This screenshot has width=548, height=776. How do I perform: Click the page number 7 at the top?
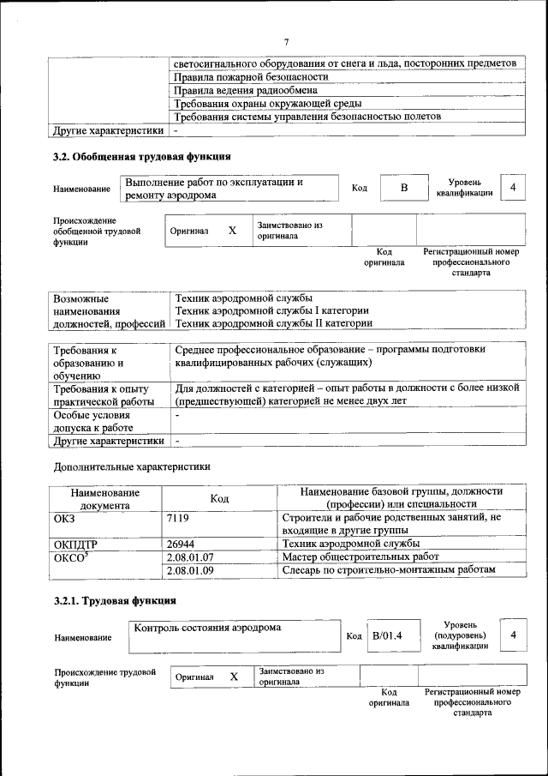(287, 42)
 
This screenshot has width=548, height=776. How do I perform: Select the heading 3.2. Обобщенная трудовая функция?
(141, 157)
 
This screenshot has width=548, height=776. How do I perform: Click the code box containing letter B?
(402, 188)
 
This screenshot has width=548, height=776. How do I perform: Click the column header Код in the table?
(220, 498)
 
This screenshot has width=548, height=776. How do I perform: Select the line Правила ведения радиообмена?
(246, 90)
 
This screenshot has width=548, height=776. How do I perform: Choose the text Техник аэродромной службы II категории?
(273, 323)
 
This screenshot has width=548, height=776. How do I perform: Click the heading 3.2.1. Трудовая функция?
(115, 600)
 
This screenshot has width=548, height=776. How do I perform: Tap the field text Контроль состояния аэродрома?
(207, 628)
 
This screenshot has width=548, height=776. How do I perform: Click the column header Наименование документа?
(105, 498)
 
